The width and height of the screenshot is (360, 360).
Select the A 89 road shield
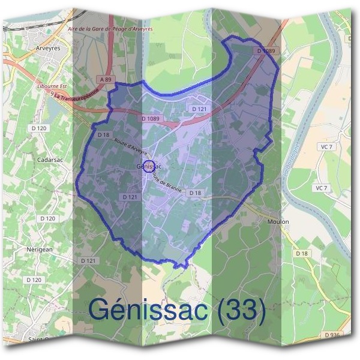[106, 79]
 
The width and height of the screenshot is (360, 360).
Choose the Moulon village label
[278, 221]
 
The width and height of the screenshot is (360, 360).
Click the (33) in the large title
[241, 310]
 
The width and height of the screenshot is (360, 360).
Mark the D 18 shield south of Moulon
[301, 254]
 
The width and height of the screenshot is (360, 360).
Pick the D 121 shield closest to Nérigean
[88, 260]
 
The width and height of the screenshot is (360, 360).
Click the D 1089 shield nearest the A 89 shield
[151, 119]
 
